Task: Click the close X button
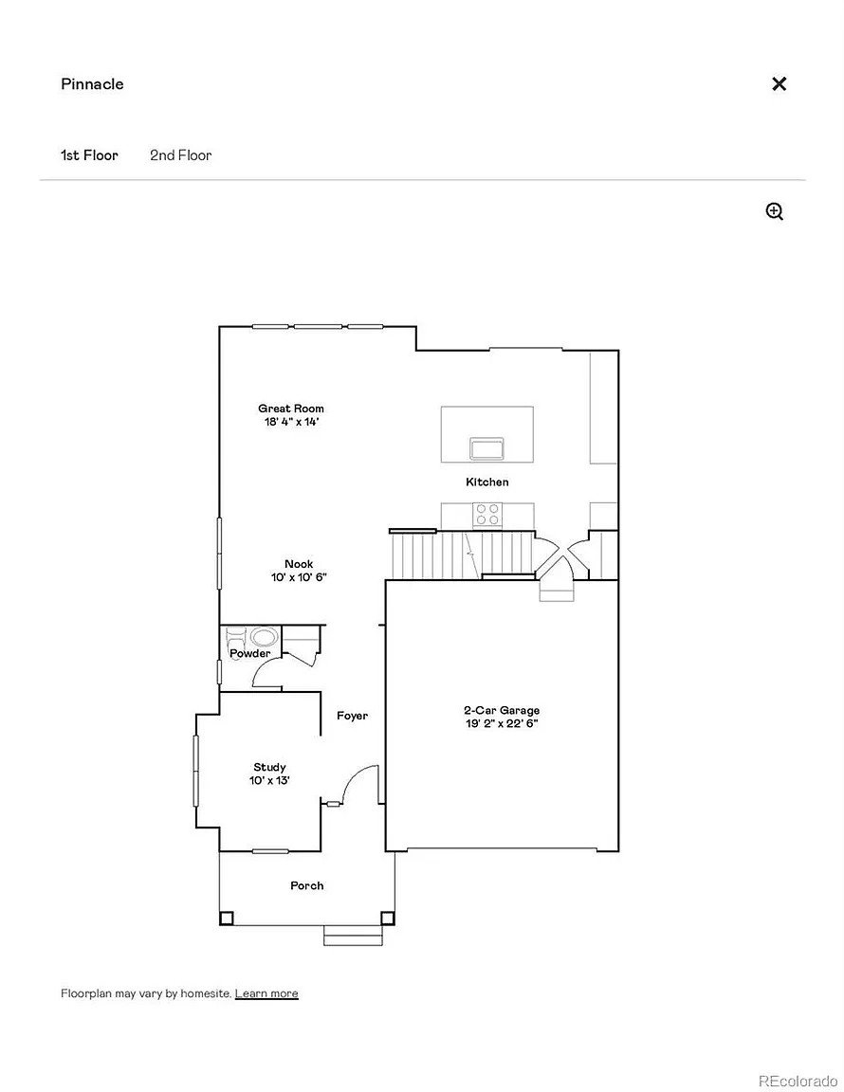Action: coord(780,84)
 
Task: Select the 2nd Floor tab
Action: coord(180,155)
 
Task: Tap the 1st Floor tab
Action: coord(89,155)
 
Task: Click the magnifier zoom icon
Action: coord(775,211)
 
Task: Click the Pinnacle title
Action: coord(92,84)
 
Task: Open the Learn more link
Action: coord(266,993)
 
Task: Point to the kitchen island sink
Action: coord(486,448)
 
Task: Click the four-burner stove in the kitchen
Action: coord(486,515)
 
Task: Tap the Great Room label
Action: coord(290,409)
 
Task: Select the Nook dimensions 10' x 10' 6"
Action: coord(299,577)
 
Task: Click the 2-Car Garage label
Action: coord(502,710)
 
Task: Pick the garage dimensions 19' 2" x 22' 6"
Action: coord(502,723)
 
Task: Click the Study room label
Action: coord(269,768)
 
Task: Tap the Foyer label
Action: coord(352,716)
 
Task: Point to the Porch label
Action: coord(306,886)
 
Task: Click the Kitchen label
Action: coord(487,482)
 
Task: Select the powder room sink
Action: coord(264,637)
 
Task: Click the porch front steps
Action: coord(354,936)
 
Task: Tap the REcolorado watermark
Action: coord(798,1081)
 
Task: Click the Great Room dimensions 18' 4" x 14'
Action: coord(291,422)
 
